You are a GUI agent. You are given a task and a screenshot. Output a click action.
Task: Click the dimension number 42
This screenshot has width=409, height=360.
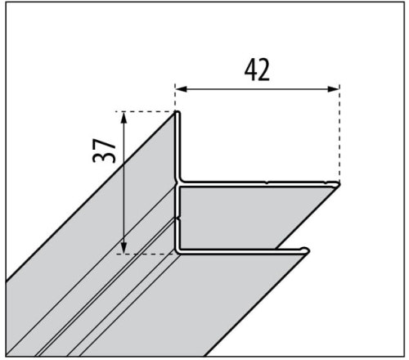[257, 70]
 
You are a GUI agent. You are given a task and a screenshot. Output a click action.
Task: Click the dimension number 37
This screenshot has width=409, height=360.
[104, 151]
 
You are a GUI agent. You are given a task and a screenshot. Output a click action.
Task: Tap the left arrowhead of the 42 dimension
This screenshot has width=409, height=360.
[182, 89]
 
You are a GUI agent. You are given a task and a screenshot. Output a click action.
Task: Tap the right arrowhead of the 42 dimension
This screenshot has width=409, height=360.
[333, 89]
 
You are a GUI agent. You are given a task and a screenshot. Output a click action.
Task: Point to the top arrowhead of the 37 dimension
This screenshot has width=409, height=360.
[124, 118]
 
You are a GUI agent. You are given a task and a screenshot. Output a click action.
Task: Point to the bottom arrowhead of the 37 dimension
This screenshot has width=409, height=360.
[124, 247]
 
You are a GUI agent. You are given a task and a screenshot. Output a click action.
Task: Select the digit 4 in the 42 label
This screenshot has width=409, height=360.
[251, 70]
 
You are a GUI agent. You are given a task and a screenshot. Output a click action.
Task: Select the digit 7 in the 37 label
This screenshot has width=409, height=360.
[104, 144]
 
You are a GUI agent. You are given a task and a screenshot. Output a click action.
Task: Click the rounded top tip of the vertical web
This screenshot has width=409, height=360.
[178, 112]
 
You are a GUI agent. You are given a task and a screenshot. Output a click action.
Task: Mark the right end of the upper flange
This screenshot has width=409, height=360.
[339, 185]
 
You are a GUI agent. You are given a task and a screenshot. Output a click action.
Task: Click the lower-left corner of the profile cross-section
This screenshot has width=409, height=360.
[178, 252]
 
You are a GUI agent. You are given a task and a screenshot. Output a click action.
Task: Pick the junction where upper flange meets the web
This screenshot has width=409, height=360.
[179, 183]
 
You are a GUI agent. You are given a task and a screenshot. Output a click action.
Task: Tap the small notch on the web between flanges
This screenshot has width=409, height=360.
[178, 218]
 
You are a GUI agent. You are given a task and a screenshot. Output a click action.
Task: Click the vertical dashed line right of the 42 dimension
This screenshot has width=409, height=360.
[339, 133]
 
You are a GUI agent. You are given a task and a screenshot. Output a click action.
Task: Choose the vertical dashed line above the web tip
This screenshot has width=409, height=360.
[175, 97]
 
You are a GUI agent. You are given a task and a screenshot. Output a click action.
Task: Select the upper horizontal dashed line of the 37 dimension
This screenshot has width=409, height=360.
[146, 111]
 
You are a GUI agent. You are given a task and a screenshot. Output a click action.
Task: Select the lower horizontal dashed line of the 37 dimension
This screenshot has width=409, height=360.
[146, 254]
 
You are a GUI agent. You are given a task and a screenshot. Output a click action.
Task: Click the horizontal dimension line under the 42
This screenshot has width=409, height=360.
[258, 89]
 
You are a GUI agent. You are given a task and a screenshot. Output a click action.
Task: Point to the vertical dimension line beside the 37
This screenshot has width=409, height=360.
[124, 182]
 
